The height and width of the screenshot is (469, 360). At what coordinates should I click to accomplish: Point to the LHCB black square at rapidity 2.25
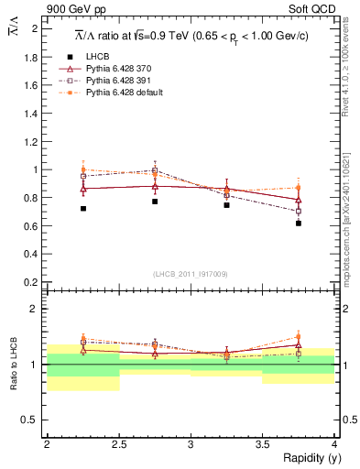83,209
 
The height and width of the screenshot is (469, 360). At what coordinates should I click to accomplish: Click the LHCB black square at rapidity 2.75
155,202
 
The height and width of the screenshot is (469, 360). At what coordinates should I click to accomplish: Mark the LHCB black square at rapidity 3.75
299,223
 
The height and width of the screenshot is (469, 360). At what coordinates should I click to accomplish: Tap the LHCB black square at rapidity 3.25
226,205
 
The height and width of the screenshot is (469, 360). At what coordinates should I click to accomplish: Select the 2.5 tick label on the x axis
119,444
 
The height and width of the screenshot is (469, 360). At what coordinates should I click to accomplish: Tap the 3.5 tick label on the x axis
263,444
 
